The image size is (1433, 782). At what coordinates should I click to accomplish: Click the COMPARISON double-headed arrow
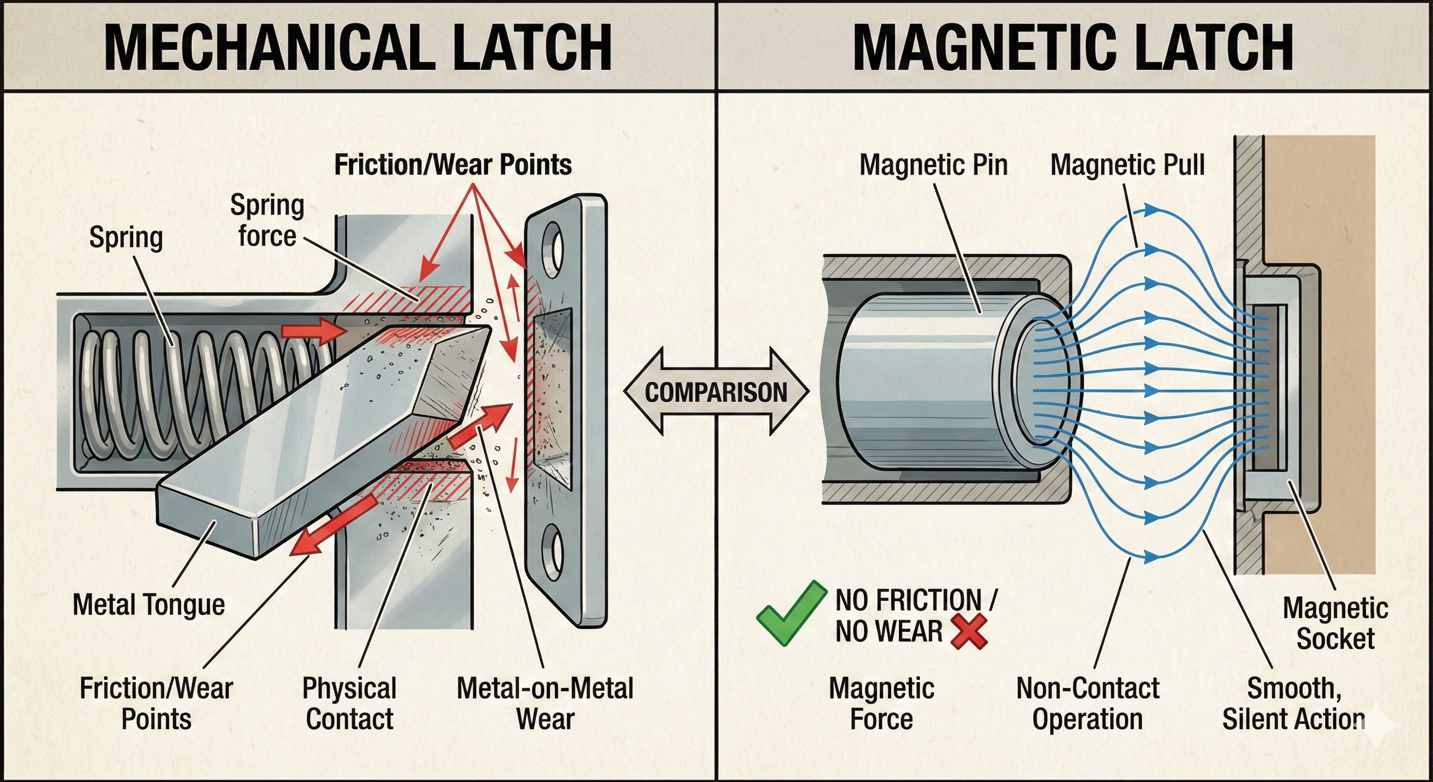coord(716,392)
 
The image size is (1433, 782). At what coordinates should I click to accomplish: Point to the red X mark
coord(969,632)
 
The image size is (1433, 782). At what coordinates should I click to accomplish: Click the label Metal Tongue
coord(149,604)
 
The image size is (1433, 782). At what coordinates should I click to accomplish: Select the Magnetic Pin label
coord(933,165)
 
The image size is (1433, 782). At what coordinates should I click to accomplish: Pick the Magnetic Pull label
coord(1127,165)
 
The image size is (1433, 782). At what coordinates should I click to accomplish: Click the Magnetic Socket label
coord(1335,623)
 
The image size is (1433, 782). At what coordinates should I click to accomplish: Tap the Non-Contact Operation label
coord(1087,704)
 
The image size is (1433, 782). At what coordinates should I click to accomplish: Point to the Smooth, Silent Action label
coord(1293,704)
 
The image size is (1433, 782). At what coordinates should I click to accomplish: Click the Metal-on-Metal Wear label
coord(544,704)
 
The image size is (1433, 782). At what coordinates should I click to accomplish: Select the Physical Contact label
coord(350,704)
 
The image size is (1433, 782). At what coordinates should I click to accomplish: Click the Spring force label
coord(267,220)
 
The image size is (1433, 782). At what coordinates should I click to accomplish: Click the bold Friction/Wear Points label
coord(453,165)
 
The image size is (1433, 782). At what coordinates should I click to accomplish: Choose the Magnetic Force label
coord(881,704)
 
